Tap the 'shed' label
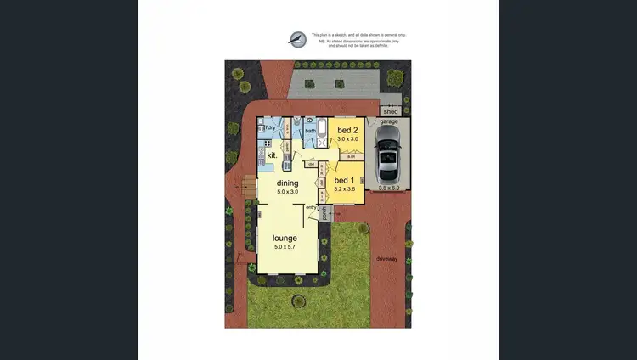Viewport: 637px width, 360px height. pyautogui.click(x=391, y=111)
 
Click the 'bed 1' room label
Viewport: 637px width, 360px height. pyautogui.click(x=344, y=181)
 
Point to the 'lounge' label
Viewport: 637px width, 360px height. pyautogui.click(x=285, y=238)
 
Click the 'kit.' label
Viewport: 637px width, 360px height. pyautogui.click(x=273, y=156)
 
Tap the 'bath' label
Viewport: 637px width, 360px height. pyautogui.click(x=310, y=131)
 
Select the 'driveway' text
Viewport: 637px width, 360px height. pyautogui.click(x=388, y=259)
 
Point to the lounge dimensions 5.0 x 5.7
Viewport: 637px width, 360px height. pyautogui.click(x=285, y=246)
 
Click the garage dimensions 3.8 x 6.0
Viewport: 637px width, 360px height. pyautogui.click(x=389, y=188)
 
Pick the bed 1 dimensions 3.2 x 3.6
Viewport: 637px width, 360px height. pyautogui.click(x=343, y=190)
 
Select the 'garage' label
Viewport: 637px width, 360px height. pyautogui.click(x=389, y=122)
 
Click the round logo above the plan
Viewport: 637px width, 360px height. pyautogui.click(x=296, y=39)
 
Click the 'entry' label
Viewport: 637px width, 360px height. pyautogui.click(x=311, y=207)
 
